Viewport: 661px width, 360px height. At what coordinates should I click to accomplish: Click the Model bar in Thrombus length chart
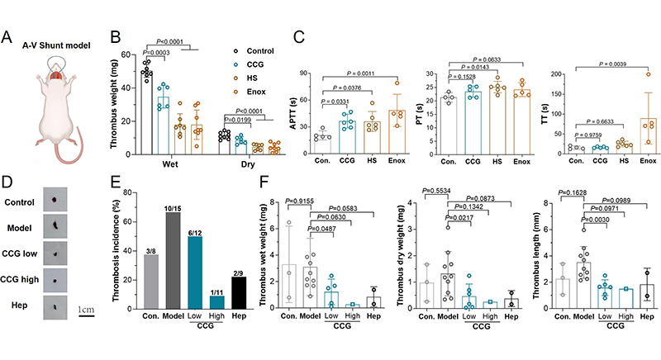tap(584, 272)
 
